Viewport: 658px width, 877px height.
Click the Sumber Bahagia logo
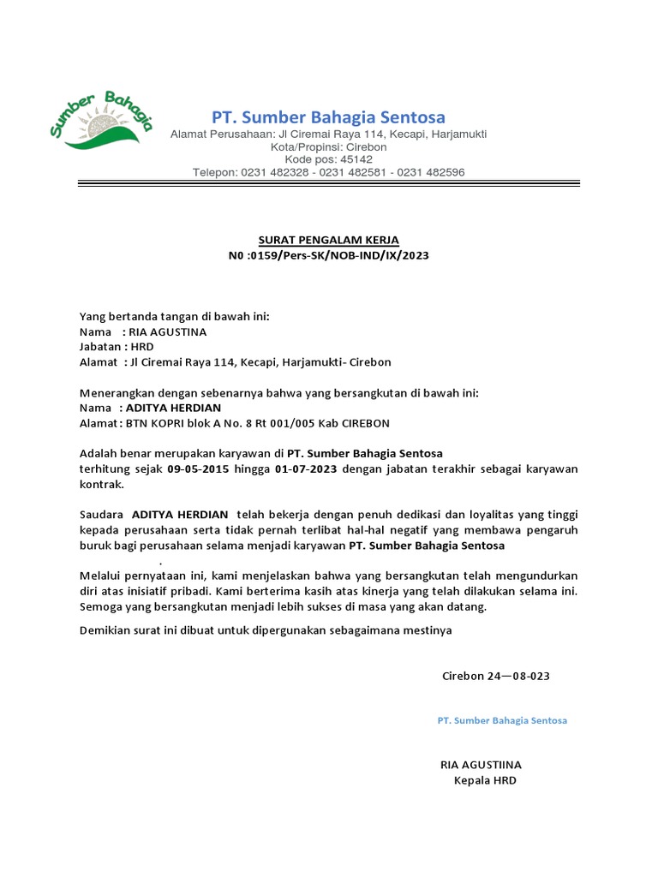point(100,120)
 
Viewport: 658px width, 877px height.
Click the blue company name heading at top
point(328,116)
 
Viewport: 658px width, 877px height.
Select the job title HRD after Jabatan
point(141,347)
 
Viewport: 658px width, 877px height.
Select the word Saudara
point(101,515)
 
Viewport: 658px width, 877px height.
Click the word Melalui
point(101,576)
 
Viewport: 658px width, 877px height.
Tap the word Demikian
point(105,631)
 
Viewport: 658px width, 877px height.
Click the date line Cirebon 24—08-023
point(495,676)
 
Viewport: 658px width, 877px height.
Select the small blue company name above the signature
point(502,721)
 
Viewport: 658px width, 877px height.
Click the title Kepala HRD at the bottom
point(485,780)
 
